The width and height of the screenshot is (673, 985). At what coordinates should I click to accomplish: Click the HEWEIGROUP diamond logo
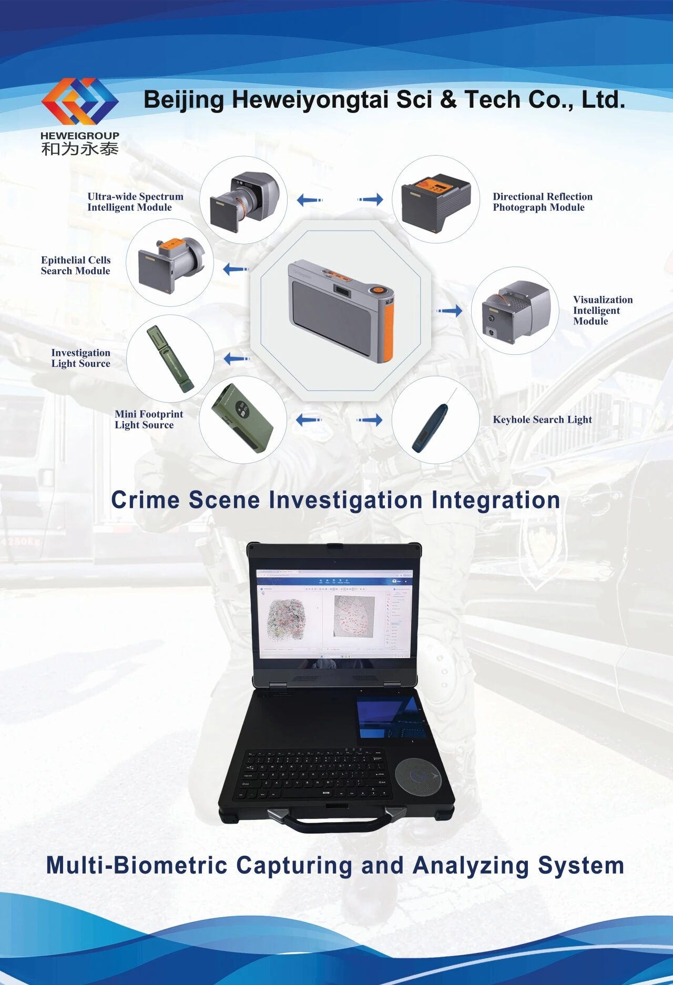point(80,101)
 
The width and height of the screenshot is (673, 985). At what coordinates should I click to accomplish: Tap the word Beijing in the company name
point(183,100)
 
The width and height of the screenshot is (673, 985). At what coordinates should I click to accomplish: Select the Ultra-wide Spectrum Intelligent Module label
point(135,202)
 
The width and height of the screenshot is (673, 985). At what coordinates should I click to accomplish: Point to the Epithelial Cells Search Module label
point(76,265)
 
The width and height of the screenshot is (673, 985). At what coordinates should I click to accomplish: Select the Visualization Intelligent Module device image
point(514,311)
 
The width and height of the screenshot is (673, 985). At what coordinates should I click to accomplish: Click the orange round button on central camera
point(378,290)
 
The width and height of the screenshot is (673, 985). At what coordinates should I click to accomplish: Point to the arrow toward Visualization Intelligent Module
point(450,311)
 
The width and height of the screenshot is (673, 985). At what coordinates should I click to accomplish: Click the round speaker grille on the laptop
point(417,777)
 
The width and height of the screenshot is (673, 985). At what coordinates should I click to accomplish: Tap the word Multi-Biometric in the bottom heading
point(136,865)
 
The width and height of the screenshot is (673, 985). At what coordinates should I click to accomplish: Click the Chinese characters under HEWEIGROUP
point(80,149)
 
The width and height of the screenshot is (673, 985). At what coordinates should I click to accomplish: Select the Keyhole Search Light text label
point(542,419)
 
